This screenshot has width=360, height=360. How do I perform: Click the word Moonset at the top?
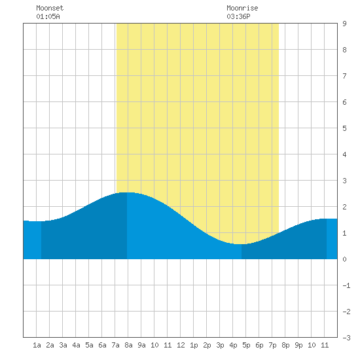tap(50, 8)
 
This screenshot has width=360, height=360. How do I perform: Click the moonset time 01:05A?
tap(48, 16)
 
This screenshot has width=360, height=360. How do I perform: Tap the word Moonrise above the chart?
tap(242, 8)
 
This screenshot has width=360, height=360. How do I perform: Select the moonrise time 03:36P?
tap(238, 16)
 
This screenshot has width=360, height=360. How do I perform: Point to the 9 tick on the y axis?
tap(344, 24)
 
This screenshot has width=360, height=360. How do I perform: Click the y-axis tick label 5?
tap(344, 128)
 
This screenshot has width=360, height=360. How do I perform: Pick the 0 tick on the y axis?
tap(344, 259)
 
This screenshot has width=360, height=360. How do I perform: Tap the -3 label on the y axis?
tap(346, 338)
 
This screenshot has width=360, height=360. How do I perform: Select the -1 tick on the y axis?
tap(346, 285)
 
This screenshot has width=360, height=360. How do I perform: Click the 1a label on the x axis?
tap(37, 345)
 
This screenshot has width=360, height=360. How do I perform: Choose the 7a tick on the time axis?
tap(115, 345)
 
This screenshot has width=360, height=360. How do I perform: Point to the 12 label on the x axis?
tap(181, 345)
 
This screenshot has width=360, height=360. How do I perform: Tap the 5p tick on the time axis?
tap(246, 345)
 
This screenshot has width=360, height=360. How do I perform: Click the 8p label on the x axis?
tap(285, 345)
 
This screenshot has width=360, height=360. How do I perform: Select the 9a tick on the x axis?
tap(141, 345)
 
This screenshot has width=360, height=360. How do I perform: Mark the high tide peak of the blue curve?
tap(127, 192)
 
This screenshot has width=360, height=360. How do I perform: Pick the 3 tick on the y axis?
tap(344, 181)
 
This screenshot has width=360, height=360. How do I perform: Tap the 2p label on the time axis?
tap(207, 345)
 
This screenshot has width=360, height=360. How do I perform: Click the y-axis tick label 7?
tap(344, 76)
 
